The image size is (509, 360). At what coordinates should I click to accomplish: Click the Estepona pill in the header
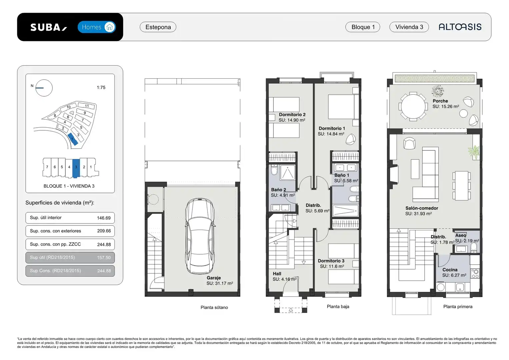[158, 27]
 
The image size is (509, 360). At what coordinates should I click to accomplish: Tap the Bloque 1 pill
[363, 27]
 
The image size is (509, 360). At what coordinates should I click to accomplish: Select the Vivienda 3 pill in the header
[409, 27]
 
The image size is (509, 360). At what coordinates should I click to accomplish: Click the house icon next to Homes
[110, 27]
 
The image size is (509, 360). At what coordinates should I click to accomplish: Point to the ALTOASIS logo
[460, 27]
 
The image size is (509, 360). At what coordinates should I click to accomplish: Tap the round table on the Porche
[413, 106]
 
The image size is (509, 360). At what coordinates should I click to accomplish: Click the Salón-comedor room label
[422, 208]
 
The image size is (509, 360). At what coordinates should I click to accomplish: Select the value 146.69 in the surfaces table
[104, 218]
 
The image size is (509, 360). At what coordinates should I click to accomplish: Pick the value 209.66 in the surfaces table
[104, 231]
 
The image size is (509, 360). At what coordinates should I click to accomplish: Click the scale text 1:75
[101, 87]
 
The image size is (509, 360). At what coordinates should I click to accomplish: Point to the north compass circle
[44, 88]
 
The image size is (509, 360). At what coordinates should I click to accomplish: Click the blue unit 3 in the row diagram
[76, 168]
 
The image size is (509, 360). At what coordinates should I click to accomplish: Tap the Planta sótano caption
[214, 307]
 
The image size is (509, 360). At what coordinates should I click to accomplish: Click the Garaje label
[214, 278]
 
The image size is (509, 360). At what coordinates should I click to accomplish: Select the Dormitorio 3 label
[331, 261]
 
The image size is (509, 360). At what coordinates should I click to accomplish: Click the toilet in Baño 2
[274, 170]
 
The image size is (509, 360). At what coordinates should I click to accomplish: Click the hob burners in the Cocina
[475, 274]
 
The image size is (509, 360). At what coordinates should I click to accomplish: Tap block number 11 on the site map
[87, 106]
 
